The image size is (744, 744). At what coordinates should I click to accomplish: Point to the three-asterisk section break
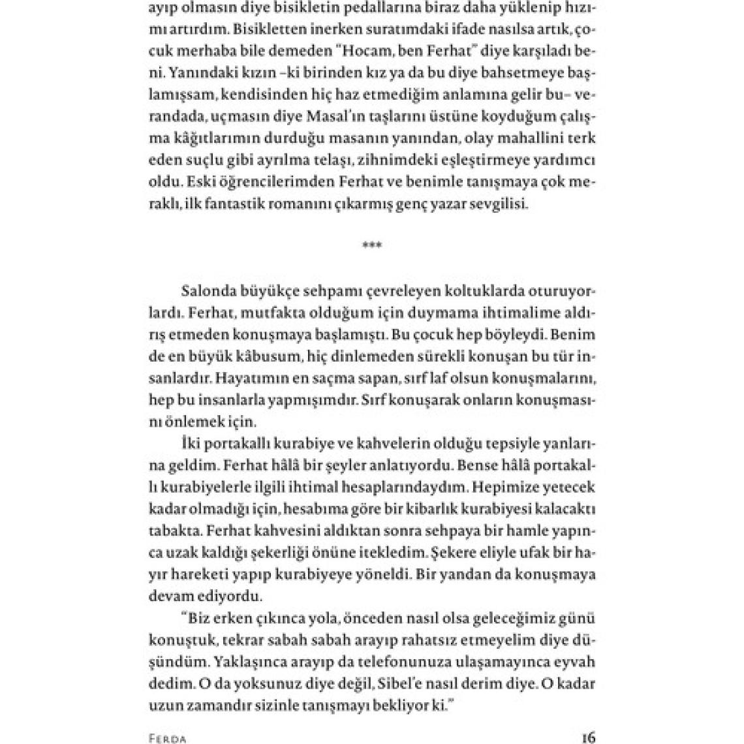(x=372, y=245)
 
